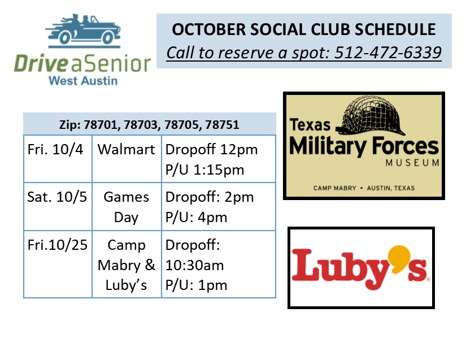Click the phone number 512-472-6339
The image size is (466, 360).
point(388,53)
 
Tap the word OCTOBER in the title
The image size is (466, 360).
point(209,29)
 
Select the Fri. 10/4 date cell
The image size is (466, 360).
point(58,159)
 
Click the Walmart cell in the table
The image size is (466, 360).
point(127,159)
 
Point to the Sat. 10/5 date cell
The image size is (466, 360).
point(58,207)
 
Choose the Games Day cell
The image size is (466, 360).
point(127,207)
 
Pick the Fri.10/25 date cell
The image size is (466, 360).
point(58,264)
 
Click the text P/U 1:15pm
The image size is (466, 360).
point(204,170)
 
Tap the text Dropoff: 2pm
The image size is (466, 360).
point(210,197)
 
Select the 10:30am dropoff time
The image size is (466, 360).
point(194,265)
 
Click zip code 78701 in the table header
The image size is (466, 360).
point(102,125)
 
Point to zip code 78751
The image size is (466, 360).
point(223,124)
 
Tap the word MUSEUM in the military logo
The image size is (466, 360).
point(412,163)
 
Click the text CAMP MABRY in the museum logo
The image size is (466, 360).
point(334,188)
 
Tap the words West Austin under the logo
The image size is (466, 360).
point(83,81)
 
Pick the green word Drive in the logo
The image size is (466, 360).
point(41,63)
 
